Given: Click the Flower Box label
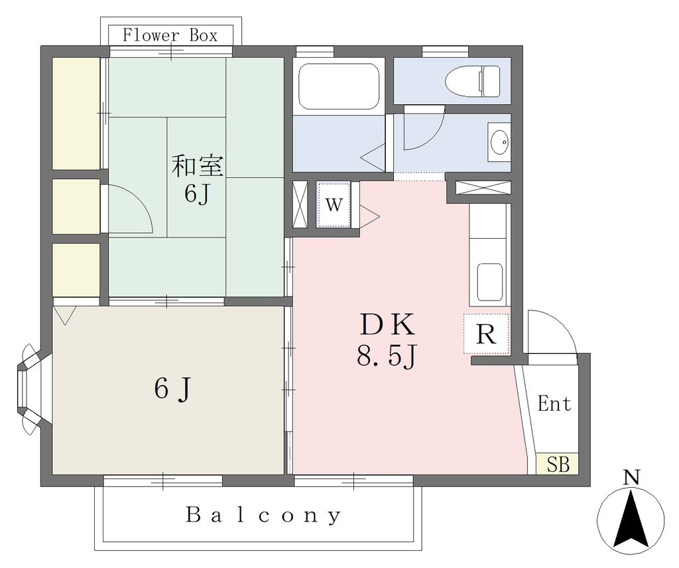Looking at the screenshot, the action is click(x=170, y=35).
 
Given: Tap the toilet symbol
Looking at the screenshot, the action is click(x=473, y=81).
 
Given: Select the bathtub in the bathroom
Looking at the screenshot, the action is click(x=339, y=87).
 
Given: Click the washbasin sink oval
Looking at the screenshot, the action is click(x=500, y=142).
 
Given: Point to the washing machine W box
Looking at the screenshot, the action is click(x=334, y=204).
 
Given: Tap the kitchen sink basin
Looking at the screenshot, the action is click(x=490, y=282).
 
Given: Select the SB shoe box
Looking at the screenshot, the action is click(x=557, y=464).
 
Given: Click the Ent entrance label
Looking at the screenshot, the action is click(x=554, y=403).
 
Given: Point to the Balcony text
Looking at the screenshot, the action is click(x=263, y=515).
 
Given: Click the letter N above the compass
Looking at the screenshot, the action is click(x=631, y=478).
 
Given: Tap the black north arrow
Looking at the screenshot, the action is click(x=631, y=520).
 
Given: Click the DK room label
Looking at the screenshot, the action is click(x=387, y=324).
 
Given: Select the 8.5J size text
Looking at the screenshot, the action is click(x=387, y=356).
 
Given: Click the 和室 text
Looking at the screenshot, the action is click(x=198, y=165).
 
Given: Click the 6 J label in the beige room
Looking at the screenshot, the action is click(x=172, y=389).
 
